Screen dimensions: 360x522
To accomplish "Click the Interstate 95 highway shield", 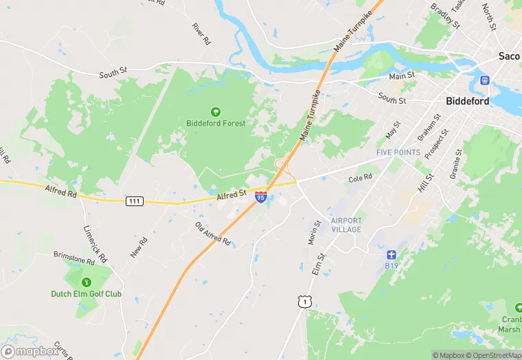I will pyautogui.click(x=261, y=198).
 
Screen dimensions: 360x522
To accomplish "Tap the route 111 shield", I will pyautogui.click(x=135, y=201).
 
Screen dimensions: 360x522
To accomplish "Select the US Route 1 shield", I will pyautogui.click(x=303, y=301).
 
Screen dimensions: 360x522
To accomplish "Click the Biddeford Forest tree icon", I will pyautogui.click(x=215, y=111).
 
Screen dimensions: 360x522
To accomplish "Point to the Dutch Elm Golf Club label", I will pyautogui.click(x=86, y=294).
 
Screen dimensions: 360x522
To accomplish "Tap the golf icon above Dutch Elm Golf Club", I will pyautogui.click(x=87, y=282).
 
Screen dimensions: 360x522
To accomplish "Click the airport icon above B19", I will pyautogui.click(x=391, y=254).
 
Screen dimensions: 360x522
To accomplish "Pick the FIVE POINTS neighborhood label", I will pyautogui.click(x=398, y=152).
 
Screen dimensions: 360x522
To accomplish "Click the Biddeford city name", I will pyautogui.click(x=467, y=101).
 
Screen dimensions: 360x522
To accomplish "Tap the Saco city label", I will pyautogui.click(x=509, y=56).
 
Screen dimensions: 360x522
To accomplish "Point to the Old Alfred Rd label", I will pyautogui.click(x=213, y=234).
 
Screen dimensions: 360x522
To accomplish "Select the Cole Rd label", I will pyautogui.click(x=360, y=177).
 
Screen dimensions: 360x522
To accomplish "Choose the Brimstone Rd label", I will pyautogui.click(x=73, y=258).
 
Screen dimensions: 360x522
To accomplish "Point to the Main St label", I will pyautogui.click(x=402, y=76).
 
